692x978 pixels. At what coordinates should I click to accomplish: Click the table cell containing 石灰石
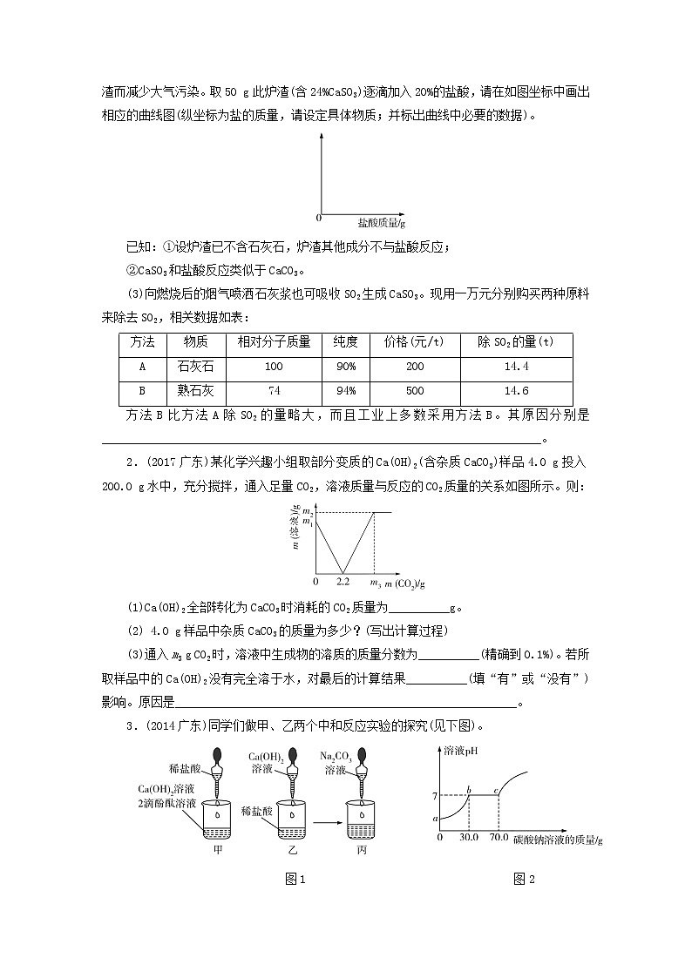point(188,366)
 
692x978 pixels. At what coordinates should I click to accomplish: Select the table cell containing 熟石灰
point(188,391)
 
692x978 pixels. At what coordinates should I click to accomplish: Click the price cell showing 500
point(415,391)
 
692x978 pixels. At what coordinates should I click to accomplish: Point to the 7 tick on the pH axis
point(432,794)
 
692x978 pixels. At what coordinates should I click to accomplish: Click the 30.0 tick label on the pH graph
point(469,837)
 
